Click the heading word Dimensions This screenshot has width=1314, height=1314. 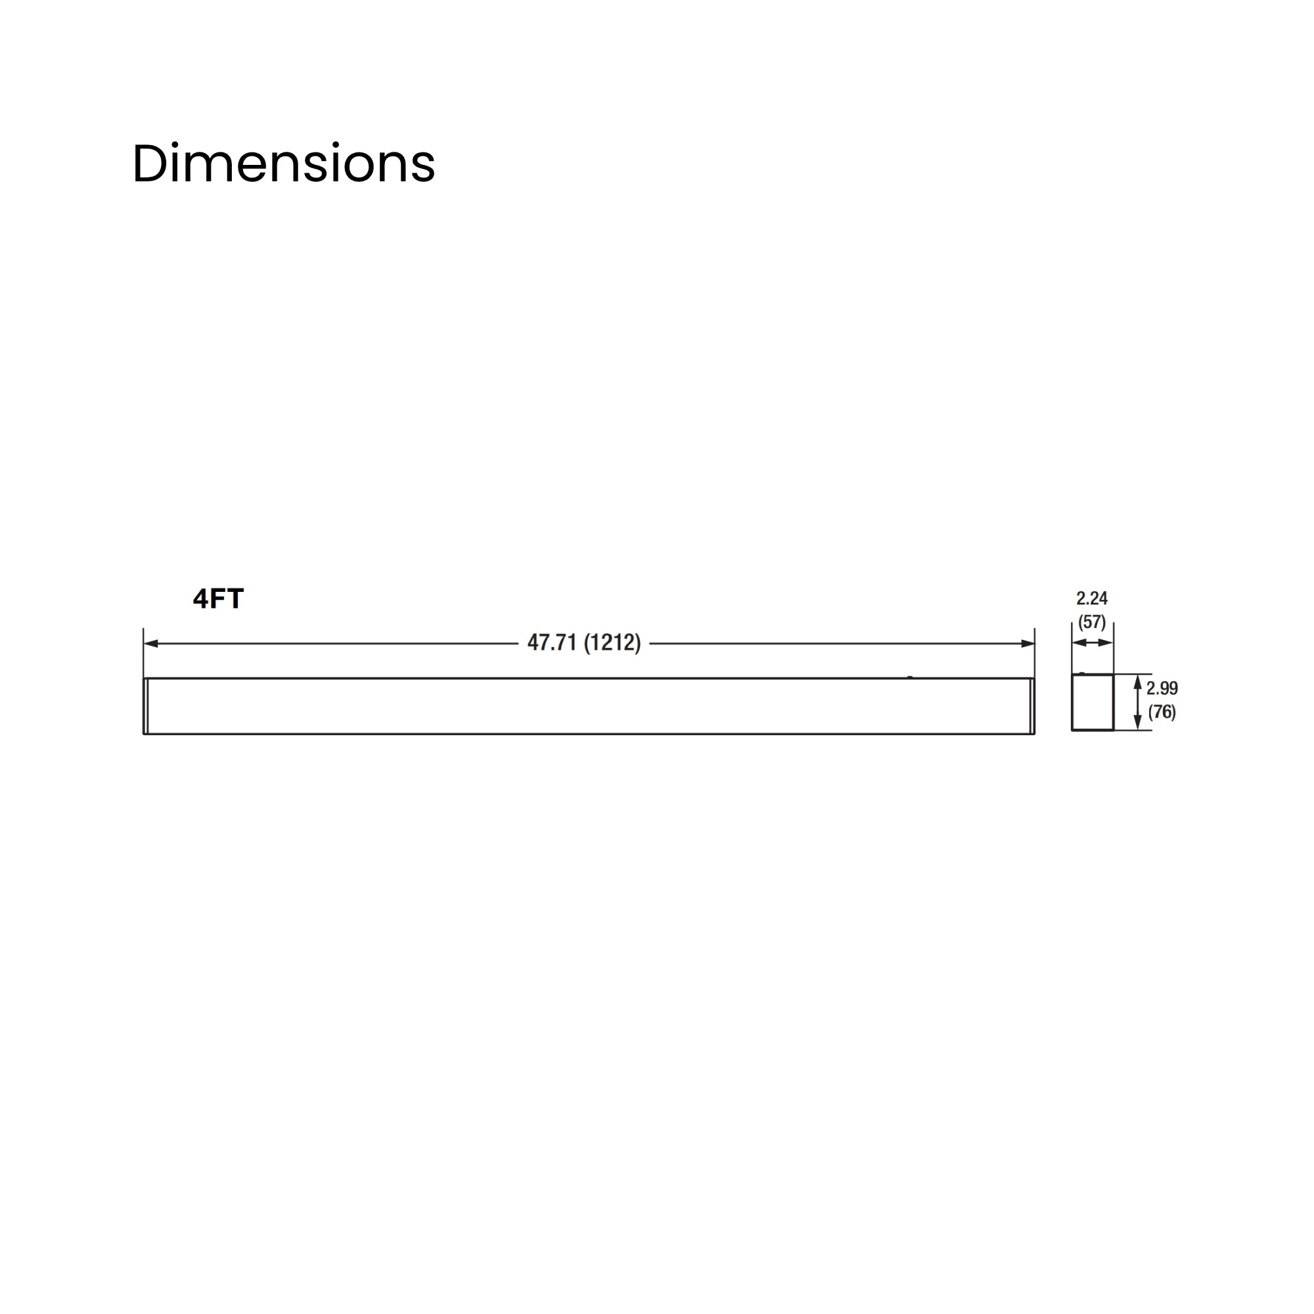coord(284,164)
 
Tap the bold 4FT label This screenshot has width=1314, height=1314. coord(218,599)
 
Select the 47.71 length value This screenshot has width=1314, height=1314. coord(553,643)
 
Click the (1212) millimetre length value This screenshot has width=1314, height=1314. coord(612,643)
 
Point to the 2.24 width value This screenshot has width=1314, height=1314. coord(1091,599)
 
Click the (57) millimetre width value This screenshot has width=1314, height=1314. coord(1091,622)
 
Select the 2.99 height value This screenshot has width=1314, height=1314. coord(1162,689)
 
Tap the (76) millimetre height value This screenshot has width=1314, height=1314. coord(1162,712)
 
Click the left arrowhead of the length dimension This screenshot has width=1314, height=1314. coord(151,643)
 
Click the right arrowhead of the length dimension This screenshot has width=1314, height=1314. coord(1028,643)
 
